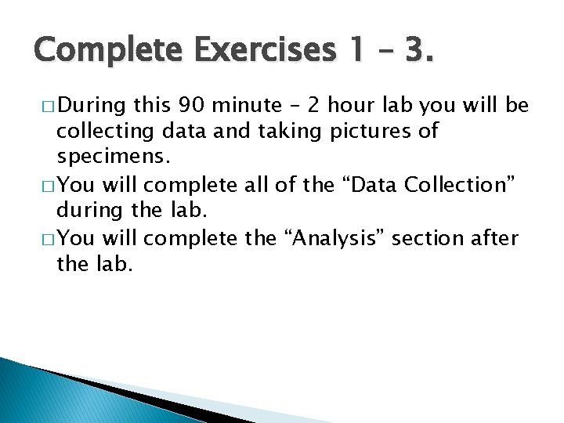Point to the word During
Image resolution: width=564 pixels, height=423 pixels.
[93, 106]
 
